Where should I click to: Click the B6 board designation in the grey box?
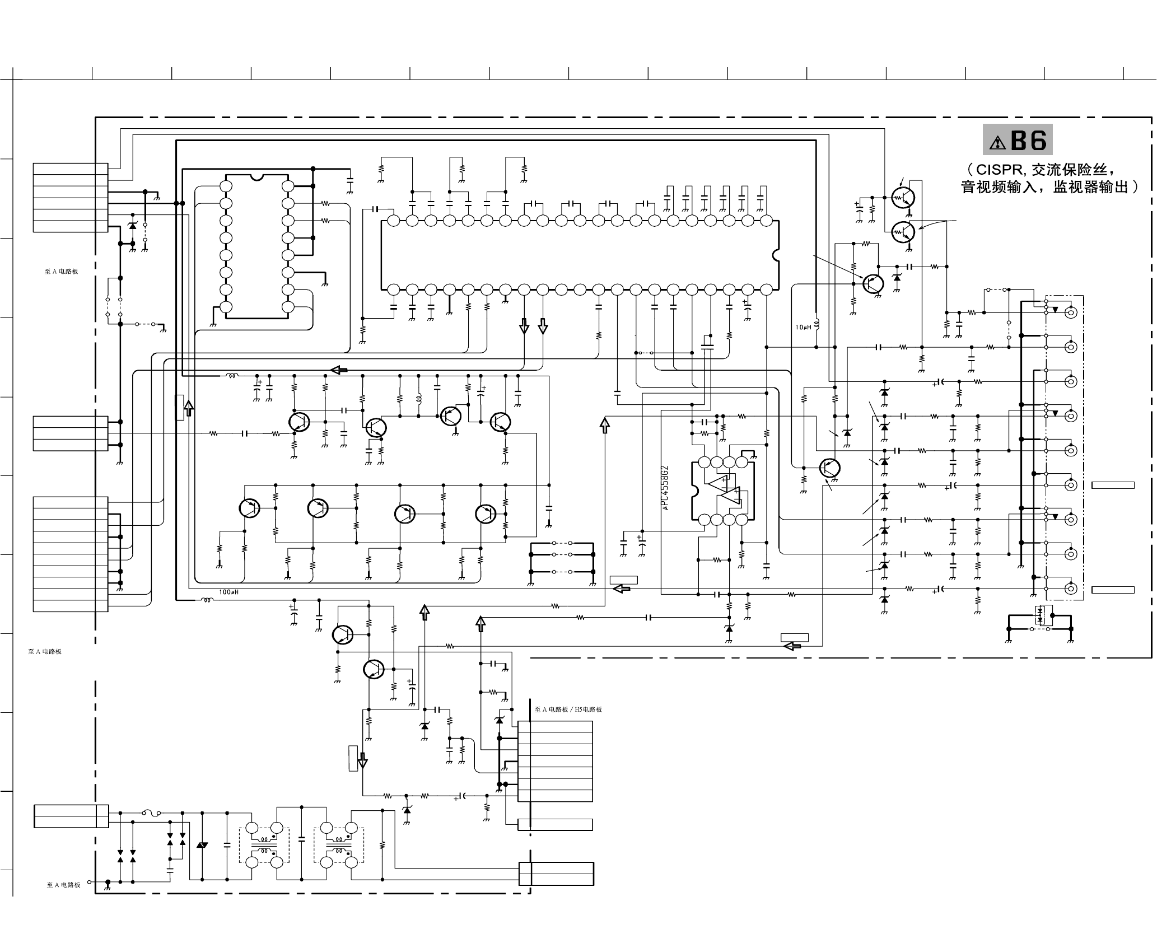pos(1029,140)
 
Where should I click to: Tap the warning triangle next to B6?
pos(997,143)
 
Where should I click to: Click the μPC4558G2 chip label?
pos(665,487)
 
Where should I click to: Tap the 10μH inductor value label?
pos(803,327)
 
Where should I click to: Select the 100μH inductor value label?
pos(228,592)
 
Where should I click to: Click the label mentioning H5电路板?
pos(568,709)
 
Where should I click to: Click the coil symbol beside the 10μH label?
pos(816,324)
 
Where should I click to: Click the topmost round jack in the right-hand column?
pos(1070,312)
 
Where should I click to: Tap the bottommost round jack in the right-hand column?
pos(1070,589)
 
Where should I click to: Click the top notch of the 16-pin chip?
pos(256,178)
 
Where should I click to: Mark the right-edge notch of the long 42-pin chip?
pos(776,255)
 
